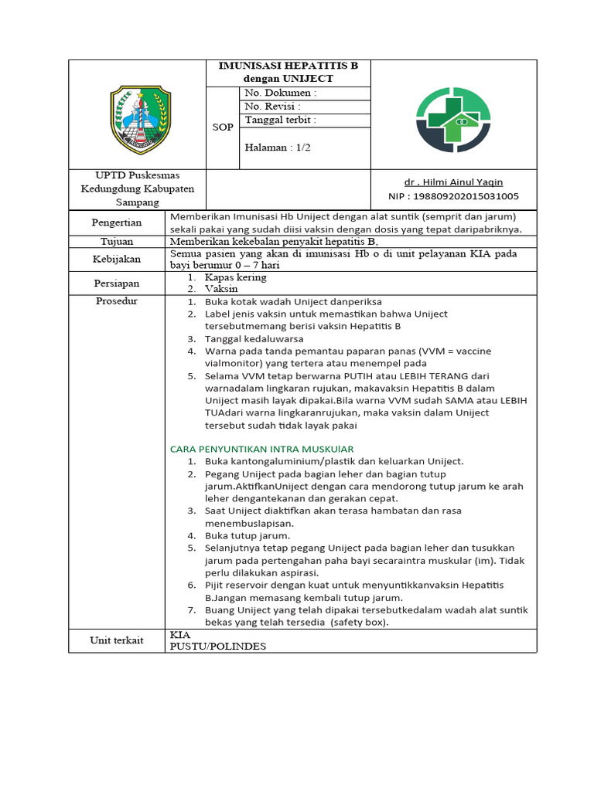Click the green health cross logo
point(453,120)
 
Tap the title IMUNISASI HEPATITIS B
point(288,66)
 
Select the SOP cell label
point(223,127)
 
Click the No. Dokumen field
point(281,93)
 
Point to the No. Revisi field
point(272,107)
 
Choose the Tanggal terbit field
point(280,121)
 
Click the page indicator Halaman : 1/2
point(277,148)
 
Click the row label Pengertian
point(118,222)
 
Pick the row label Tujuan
point(118,242)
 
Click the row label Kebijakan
point(118,260)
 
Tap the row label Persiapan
point(118,283)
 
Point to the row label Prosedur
point(117,300)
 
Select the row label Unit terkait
point(118,640)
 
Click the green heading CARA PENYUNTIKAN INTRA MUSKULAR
point(261,449)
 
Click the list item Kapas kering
point(236,277)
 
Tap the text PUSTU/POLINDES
point(217,647)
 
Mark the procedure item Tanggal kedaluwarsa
point(254,338)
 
